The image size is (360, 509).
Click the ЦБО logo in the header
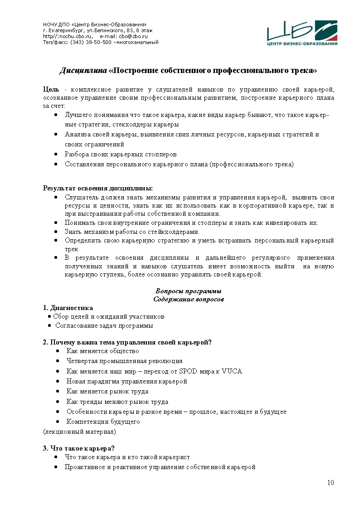tap(302, 33)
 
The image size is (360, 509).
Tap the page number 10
tap(331, 482)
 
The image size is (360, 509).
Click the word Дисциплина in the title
tap(83, 71)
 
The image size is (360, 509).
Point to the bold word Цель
tap(51, 89)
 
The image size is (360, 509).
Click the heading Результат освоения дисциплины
tap(97, 188)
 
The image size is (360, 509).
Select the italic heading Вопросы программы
tap(188, 291)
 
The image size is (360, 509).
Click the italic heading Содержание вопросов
tap(189, 299)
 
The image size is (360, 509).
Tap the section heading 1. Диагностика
tap(68, 308)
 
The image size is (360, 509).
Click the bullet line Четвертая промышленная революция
tap(124, 361)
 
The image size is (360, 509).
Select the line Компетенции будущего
tap(103, 422)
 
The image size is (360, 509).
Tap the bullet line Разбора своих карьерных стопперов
tap(121, 155)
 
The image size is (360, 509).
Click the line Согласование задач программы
tap(104, 325)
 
